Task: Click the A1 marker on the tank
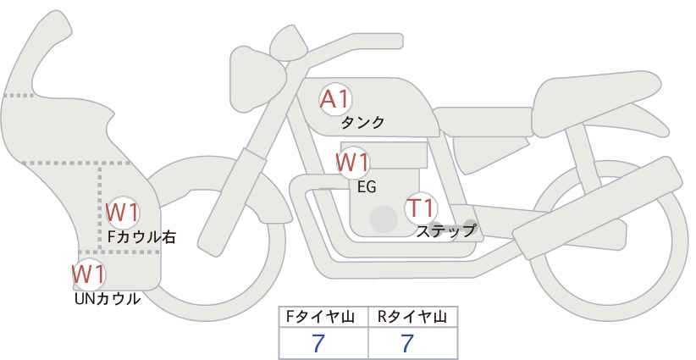click(x=334, y=99)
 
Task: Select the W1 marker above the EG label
click(x=352, y=162)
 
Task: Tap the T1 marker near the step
click(x=420, y=208)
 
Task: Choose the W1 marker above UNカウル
click(x=88, y=274)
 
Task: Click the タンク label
click(x=362, y=123)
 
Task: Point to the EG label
click(x=367, y=187)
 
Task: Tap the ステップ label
click(x=445, y=230)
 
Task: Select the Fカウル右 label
click(x=141, y=237)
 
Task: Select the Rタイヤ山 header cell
click(x=412, y=318)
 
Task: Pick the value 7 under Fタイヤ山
click(x=318, y=344)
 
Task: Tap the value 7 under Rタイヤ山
click(x=407, y=344)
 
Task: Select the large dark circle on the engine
click(x=384, y=219)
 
